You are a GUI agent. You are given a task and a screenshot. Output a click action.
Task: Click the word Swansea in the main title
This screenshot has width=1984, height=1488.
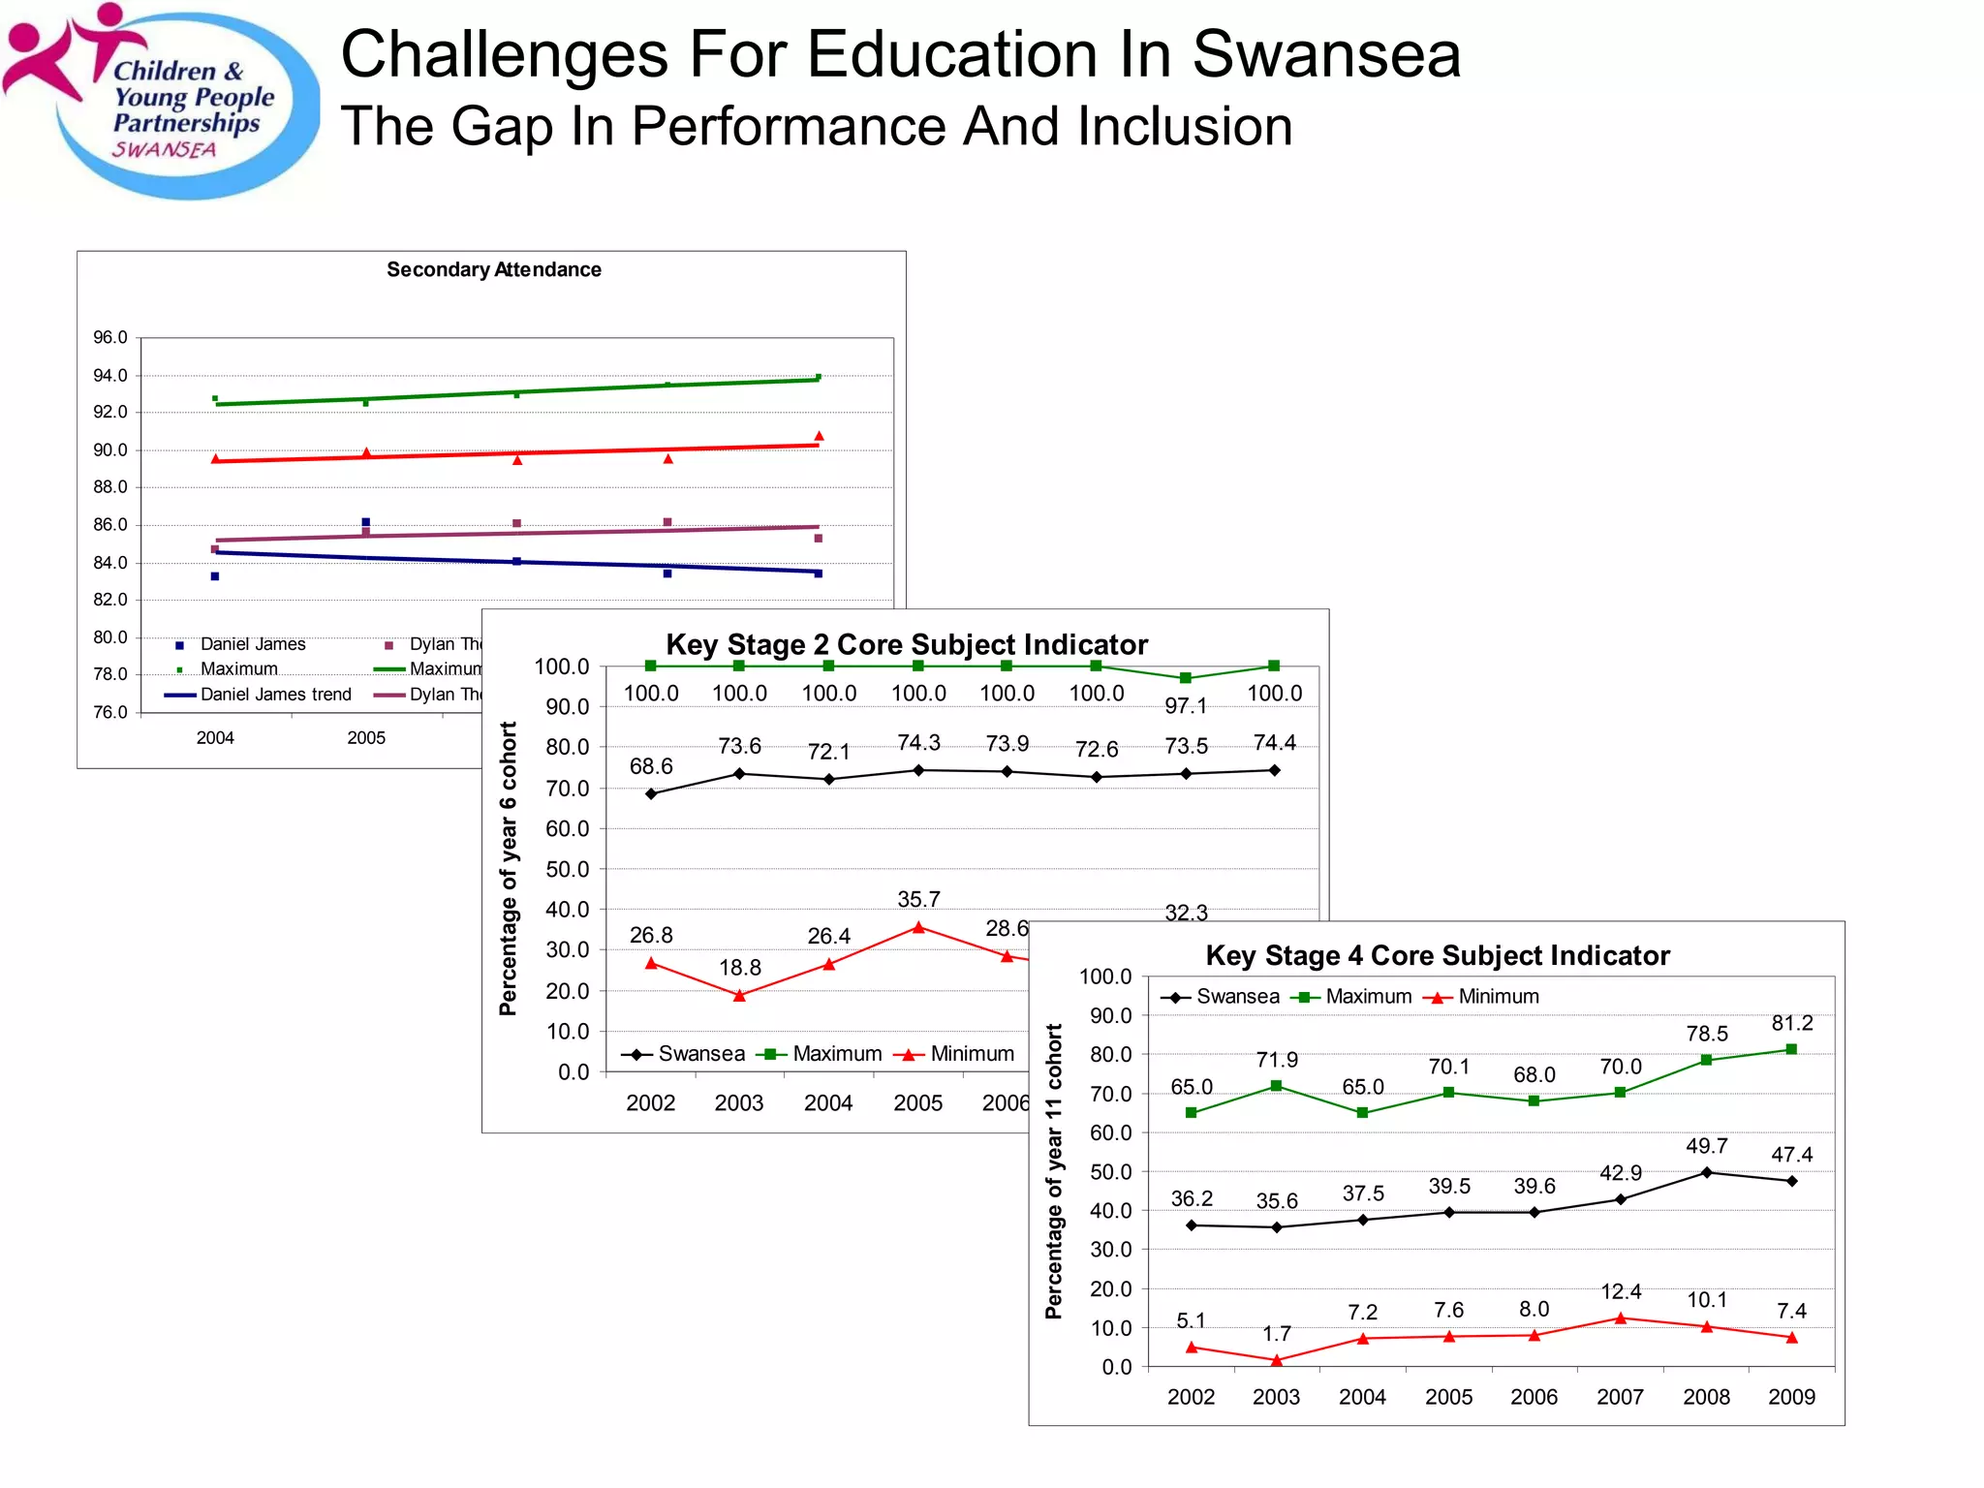click(x=1325, y=54)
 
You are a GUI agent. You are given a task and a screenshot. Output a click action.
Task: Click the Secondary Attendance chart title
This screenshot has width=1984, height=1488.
click(x=494, y=269)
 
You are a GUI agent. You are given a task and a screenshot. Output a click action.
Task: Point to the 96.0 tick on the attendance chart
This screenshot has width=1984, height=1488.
click(x=109, y=337)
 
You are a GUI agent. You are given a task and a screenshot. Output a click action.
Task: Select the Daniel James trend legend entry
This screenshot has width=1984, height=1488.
click(x=259, y=695)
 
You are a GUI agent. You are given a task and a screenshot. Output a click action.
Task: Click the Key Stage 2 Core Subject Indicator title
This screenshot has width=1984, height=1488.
click(x=907, y=644)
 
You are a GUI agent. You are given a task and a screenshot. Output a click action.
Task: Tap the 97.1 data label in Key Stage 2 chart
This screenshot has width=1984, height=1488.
click(x=1186, y=705)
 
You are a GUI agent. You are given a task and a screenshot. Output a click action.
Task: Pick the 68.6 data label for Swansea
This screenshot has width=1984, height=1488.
click(x=651, y=766)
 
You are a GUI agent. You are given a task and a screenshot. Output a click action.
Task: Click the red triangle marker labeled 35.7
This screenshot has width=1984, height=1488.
click(x=918, y=927)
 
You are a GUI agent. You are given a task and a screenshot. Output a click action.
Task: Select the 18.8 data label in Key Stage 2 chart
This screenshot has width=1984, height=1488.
click(x=740, y=967)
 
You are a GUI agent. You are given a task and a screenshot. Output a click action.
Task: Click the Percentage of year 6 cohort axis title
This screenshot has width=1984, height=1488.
click(x=508, y=868)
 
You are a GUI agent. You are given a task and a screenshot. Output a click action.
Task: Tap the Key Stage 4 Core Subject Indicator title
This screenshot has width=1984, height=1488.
click(x=1438, y=955)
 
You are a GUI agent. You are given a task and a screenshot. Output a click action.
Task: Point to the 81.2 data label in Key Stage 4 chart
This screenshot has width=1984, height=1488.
click(x=1792, y=1023)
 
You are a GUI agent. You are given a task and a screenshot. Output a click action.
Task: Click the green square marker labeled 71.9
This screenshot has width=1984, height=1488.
click(x=1277, y=1086)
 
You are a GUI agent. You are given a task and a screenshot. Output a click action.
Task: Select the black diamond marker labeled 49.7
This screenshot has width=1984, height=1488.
click(x=1707, y=1172)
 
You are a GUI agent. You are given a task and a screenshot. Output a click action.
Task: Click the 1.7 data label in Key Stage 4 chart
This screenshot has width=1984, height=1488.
click(x=1277, y=1334)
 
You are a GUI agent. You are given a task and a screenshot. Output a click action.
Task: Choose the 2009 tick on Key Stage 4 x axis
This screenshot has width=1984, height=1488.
click(x=1792, y=1397)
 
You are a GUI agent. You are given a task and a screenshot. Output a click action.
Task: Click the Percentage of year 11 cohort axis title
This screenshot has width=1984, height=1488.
click(x=1054, y=1171)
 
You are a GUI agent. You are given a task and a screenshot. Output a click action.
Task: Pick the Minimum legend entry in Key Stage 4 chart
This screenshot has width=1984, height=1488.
click(x=1485, y=996)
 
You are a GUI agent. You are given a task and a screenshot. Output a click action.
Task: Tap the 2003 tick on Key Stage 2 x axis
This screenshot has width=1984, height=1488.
click(x=739, y=1102)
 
